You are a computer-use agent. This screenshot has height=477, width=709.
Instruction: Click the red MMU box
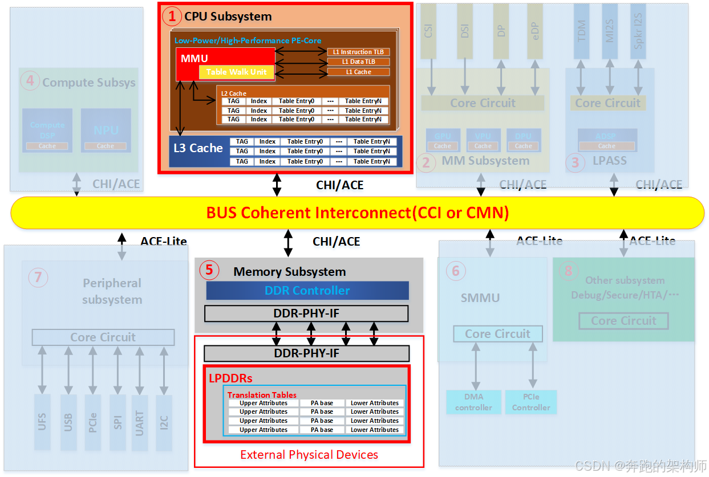pos(195,58)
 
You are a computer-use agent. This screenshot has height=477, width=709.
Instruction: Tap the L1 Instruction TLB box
pos(358,52)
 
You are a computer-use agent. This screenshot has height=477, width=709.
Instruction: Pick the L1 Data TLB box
pos(358,62)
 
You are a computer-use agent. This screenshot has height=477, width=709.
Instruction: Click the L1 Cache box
pos(358,72)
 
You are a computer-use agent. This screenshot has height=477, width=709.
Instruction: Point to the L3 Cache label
pos(198,148)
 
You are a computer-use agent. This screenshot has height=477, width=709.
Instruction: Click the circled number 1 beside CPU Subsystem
pos(171,16)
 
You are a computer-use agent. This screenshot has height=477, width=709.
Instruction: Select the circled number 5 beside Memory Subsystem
pos(209,270)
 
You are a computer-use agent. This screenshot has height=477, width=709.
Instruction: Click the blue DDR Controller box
pos(307,291)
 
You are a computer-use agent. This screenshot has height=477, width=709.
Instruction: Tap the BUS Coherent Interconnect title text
pos(358,213)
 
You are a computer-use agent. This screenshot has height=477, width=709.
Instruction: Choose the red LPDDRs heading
pos(231,378)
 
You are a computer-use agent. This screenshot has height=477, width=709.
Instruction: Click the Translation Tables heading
pos(262,394)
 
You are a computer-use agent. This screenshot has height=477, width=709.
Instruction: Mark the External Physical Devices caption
pos(309,455)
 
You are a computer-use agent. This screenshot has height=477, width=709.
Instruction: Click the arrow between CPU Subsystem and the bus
pos(277,184)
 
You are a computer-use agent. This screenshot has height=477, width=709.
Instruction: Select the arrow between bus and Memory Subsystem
pos(288,243)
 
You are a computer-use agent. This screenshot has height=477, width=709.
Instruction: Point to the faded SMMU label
pos(480,297)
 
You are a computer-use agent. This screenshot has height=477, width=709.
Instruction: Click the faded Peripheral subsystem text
pos(112,291)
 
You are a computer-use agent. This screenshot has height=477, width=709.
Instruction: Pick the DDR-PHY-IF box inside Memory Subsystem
pos(306,313)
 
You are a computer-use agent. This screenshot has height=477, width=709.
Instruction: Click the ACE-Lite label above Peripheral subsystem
pos(164,242)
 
